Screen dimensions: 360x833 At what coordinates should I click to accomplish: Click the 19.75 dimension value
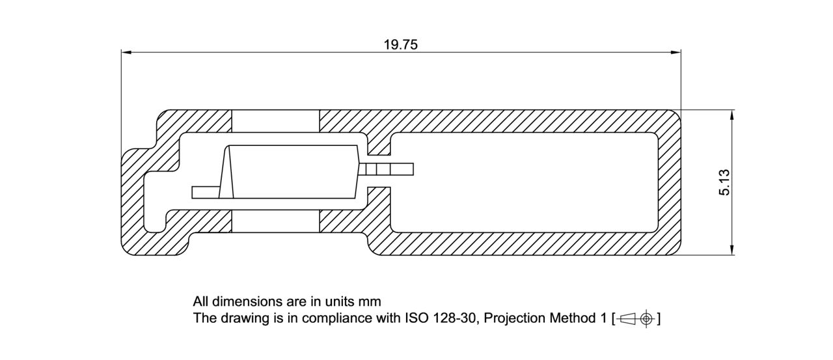400,44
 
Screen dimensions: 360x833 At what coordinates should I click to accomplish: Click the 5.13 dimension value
725,182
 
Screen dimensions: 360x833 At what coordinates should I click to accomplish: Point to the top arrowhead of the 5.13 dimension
733,115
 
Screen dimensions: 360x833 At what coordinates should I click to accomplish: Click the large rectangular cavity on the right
524,182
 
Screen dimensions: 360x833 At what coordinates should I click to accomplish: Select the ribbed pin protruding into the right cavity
387,170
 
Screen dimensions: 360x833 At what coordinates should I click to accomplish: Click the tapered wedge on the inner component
228,173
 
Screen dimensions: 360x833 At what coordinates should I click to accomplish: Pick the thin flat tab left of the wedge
205,193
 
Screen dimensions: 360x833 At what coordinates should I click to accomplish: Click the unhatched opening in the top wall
276,121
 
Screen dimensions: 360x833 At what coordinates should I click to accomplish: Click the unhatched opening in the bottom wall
276,221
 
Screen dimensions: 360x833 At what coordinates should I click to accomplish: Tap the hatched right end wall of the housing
669,182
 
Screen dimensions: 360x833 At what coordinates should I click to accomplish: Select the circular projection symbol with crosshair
646,319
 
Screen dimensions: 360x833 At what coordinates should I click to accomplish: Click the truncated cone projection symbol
626,319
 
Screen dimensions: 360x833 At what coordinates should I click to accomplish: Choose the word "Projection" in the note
515,318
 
